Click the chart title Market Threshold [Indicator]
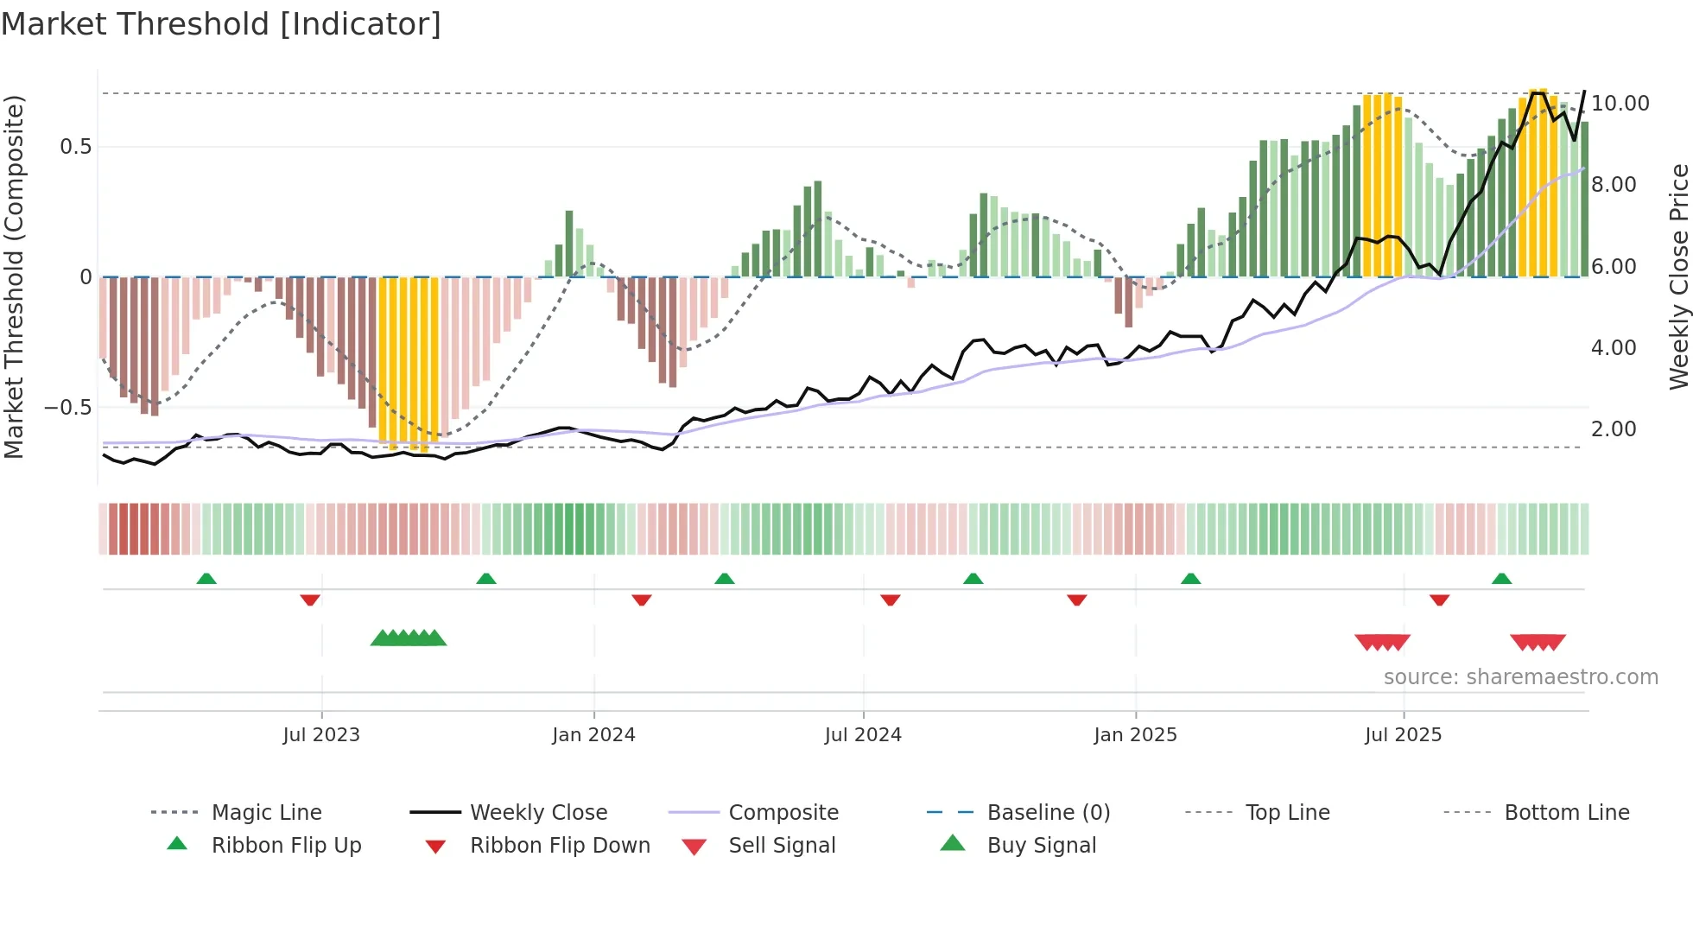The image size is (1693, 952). click(x=221, y=24)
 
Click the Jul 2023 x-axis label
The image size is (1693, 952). click(x=321, y=735)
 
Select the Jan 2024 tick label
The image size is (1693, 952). click(x=593, y=735)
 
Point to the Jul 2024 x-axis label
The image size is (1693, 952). click(x=863, y=735)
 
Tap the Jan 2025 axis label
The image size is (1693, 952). click(x=1135, y=735)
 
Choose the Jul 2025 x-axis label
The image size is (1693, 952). click(x=1404, y=735)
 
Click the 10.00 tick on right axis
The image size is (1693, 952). click(x=1620, y=104)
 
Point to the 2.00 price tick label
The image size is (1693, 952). click(x=1614, y=429)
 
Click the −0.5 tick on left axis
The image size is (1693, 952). click(x=67, y=407)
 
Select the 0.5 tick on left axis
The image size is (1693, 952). click(x=75, y=147)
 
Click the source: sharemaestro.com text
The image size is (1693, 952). click(x=1520, y=677)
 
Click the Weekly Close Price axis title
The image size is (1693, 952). click(x=1678, y=276)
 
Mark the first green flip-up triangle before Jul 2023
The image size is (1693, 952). click(x=206, y=579)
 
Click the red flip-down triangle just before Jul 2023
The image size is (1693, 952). click(x=310, y=600)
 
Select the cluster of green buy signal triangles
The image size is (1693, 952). click(x=409, y=638)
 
